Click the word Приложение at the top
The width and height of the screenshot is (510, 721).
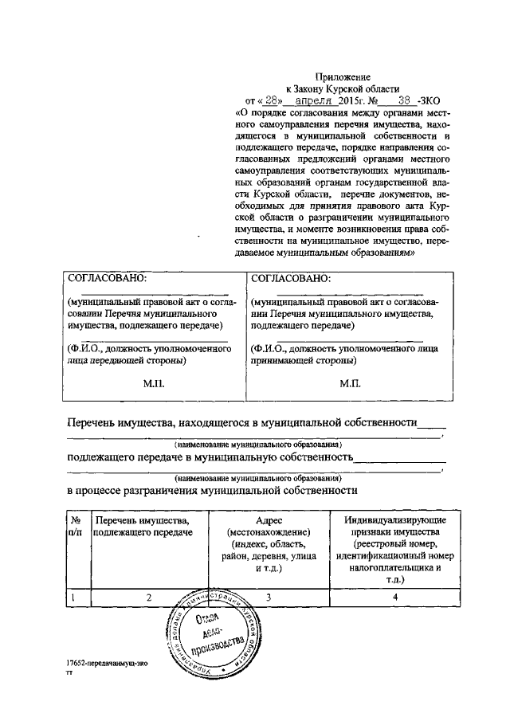point(343,77)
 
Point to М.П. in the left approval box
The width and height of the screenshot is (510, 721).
point(154,383)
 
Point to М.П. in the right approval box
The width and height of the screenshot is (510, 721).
point(350,383)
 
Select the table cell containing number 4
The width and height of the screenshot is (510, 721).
point(394,596)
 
